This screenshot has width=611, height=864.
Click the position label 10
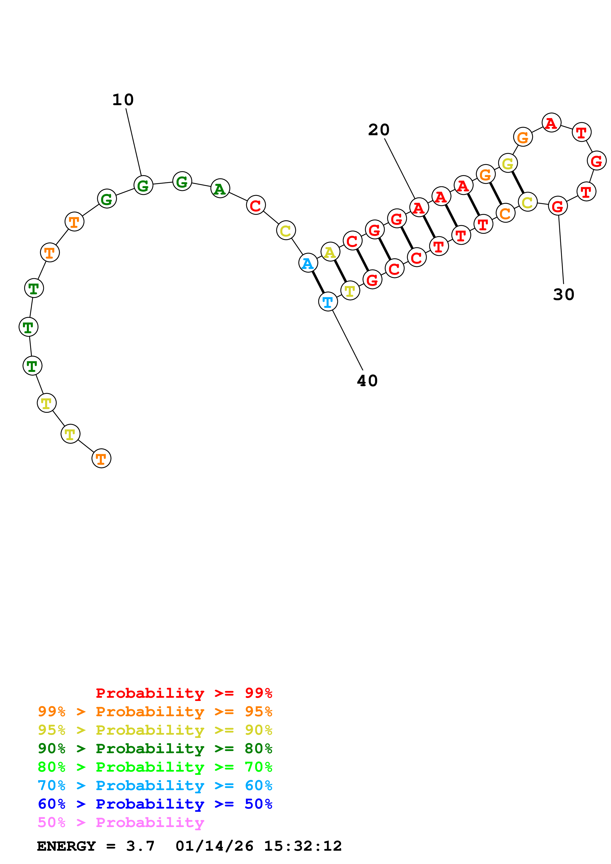tap(123, 100)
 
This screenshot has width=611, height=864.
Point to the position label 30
tap(564, 295)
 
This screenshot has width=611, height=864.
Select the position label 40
tap(367, 381)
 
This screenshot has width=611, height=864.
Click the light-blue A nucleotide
tap(308, 263)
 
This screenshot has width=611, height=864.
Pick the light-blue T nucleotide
tap(328, 302)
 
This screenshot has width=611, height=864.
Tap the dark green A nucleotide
tap(220, 188)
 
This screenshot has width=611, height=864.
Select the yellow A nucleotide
tap(330, 252)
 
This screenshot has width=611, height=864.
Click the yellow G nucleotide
tap(508, 163)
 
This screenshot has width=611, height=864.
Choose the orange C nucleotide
tap(505, 213)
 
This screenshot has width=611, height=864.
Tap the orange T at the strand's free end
tap(101, 458)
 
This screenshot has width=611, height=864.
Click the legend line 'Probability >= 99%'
tap(184, 693)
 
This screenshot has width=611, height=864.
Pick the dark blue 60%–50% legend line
tap(155, 804)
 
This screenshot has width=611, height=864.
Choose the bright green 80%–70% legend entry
tap(155, 767)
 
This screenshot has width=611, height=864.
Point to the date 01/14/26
tap(214, 846)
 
